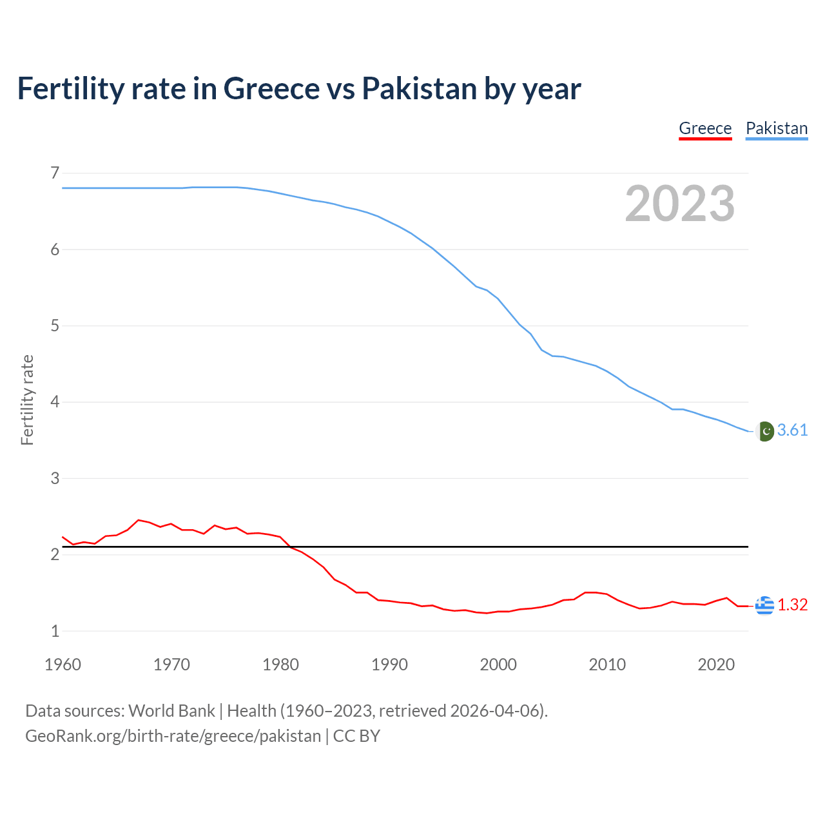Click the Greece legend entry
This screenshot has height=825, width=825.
(705, 128)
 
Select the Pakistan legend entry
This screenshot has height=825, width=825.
(776, 128)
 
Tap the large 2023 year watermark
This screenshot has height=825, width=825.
(679, 204)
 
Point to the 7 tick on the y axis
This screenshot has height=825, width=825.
(55, 173)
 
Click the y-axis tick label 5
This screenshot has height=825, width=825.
(55, 325)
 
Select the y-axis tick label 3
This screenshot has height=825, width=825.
(55, 478)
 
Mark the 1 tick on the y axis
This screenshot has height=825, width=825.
(55, 631)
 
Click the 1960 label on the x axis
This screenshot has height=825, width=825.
(63, 665)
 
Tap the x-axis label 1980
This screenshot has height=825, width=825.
(280, 665)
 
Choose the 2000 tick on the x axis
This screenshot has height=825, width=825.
(498, 665)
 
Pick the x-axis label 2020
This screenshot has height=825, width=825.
(716, 665)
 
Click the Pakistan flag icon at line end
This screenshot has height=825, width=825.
(764, 431)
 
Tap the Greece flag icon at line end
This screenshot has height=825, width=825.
(764, 605)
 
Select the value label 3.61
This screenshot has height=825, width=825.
(792, 431)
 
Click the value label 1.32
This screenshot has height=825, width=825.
(792, 605)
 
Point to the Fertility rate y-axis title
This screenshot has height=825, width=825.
(27, 400)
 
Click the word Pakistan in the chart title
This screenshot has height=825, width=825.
(420, 88)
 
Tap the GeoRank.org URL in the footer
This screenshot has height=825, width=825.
(173, 736)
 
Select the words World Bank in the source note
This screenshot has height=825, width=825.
(171, 711)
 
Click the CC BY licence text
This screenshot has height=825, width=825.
(356, 736)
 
